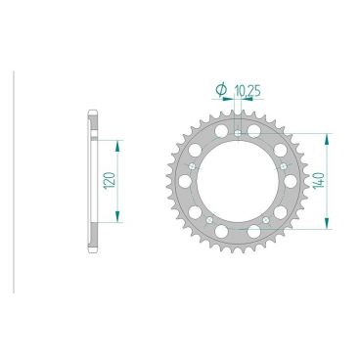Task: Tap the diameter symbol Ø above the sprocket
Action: [220, 90]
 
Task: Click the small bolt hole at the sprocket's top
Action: [238, 131]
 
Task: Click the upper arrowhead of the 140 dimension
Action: [326, 137]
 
